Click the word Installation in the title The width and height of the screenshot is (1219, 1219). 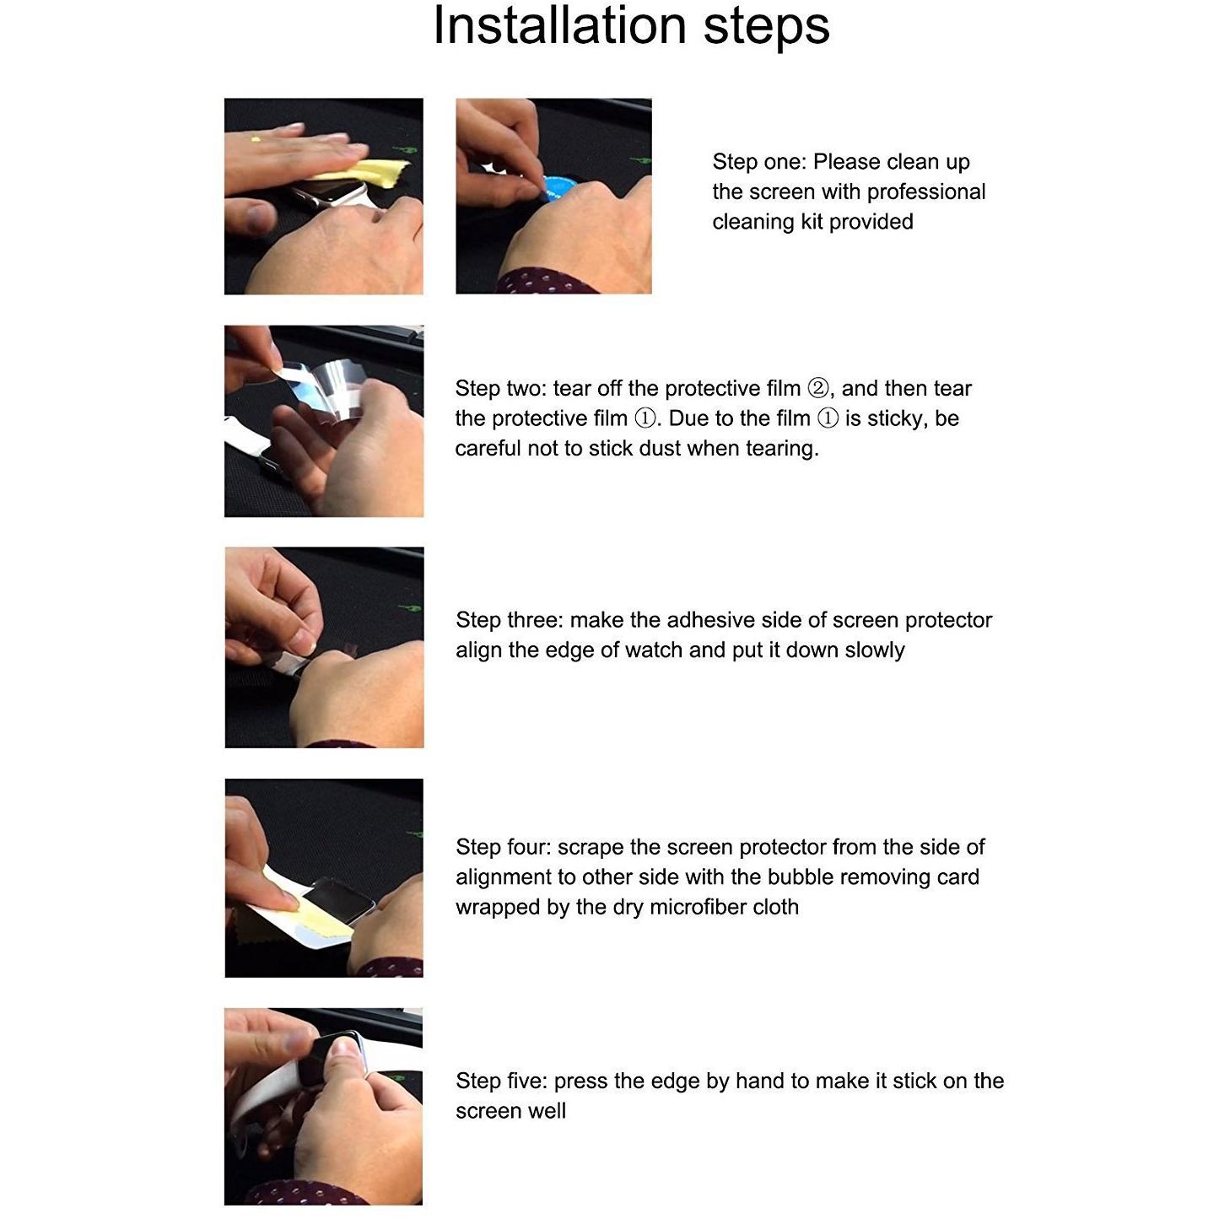560,26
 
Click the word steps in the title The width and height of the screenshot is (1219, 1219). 766,29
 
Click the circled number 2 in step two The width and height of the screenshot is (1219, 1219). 818,388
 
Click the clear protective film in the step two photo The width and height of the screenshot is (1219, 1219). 329,389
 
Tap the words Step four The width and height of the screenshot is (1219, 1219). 504,847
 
